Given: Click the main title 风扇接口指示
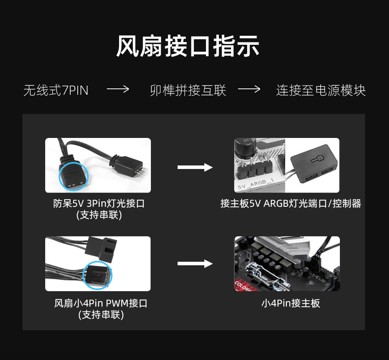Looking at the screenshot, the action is pos(188,46).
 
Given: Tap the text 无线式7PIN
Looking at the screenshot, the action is pos(56,90).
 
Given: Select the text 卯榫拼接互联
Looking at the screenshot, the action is pos(188,90).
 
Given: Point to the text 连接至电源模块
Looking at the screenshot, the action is pos(321,90).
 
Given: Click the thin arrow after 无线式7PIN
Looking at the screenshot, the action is pos(118,89).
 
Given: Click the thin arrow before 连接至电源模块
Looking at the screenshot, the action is pos(249,89).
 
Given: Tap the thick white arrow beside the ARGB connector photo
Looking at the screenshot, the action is pos(195,167).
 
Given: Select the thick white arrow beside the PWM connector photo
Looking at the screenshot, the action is pos(195,263).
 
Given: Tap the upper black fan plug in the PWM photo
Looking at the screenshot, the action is pos(101,248).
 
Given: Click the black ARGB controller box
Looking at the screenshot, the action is pos(314,164).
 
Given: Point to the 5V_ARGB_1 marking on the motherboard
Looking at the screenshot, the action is pos(255,184).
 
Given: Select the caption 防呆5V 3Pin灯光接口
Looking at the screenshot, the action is pos(99,204).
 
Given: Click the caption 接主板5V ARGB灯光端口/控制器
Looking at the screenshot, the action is pos(291,204).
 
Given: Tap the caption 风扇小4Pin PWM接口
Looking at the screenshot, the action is pos(101,303).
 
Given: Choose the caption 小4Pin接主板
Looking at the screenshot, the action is pos(291,303).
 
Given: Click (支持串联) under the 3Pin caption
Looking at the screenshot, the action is pos(99,215).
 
